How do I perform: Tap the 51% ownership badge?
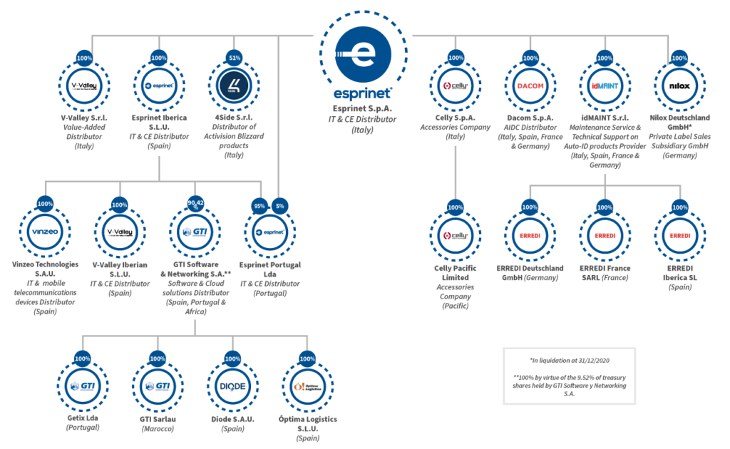[233, 58]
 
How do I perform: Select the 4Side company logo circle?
[233, 86]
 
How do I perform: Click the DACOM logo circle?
[530, 86]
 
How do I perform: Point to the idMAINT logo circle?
[604, 86]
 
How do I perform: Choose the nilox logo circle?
[678, 86]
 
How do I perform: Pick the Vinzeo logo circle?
[45, 232]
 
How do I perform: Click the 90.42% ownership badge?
[195, 204]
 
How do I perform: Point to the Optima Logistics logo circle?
[307, 386]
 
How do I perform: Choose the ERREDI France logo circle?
[604, 235]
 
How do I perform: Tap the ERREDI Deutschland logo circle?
[530, 235]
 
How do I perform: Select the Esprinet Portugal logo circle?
[269, 232]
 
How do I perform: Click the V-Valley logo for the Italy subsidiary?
[83, 86]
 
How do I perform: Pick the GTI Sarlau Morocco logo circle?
[158, 386]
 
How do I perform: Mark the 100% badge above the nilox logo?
[678, 58]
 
